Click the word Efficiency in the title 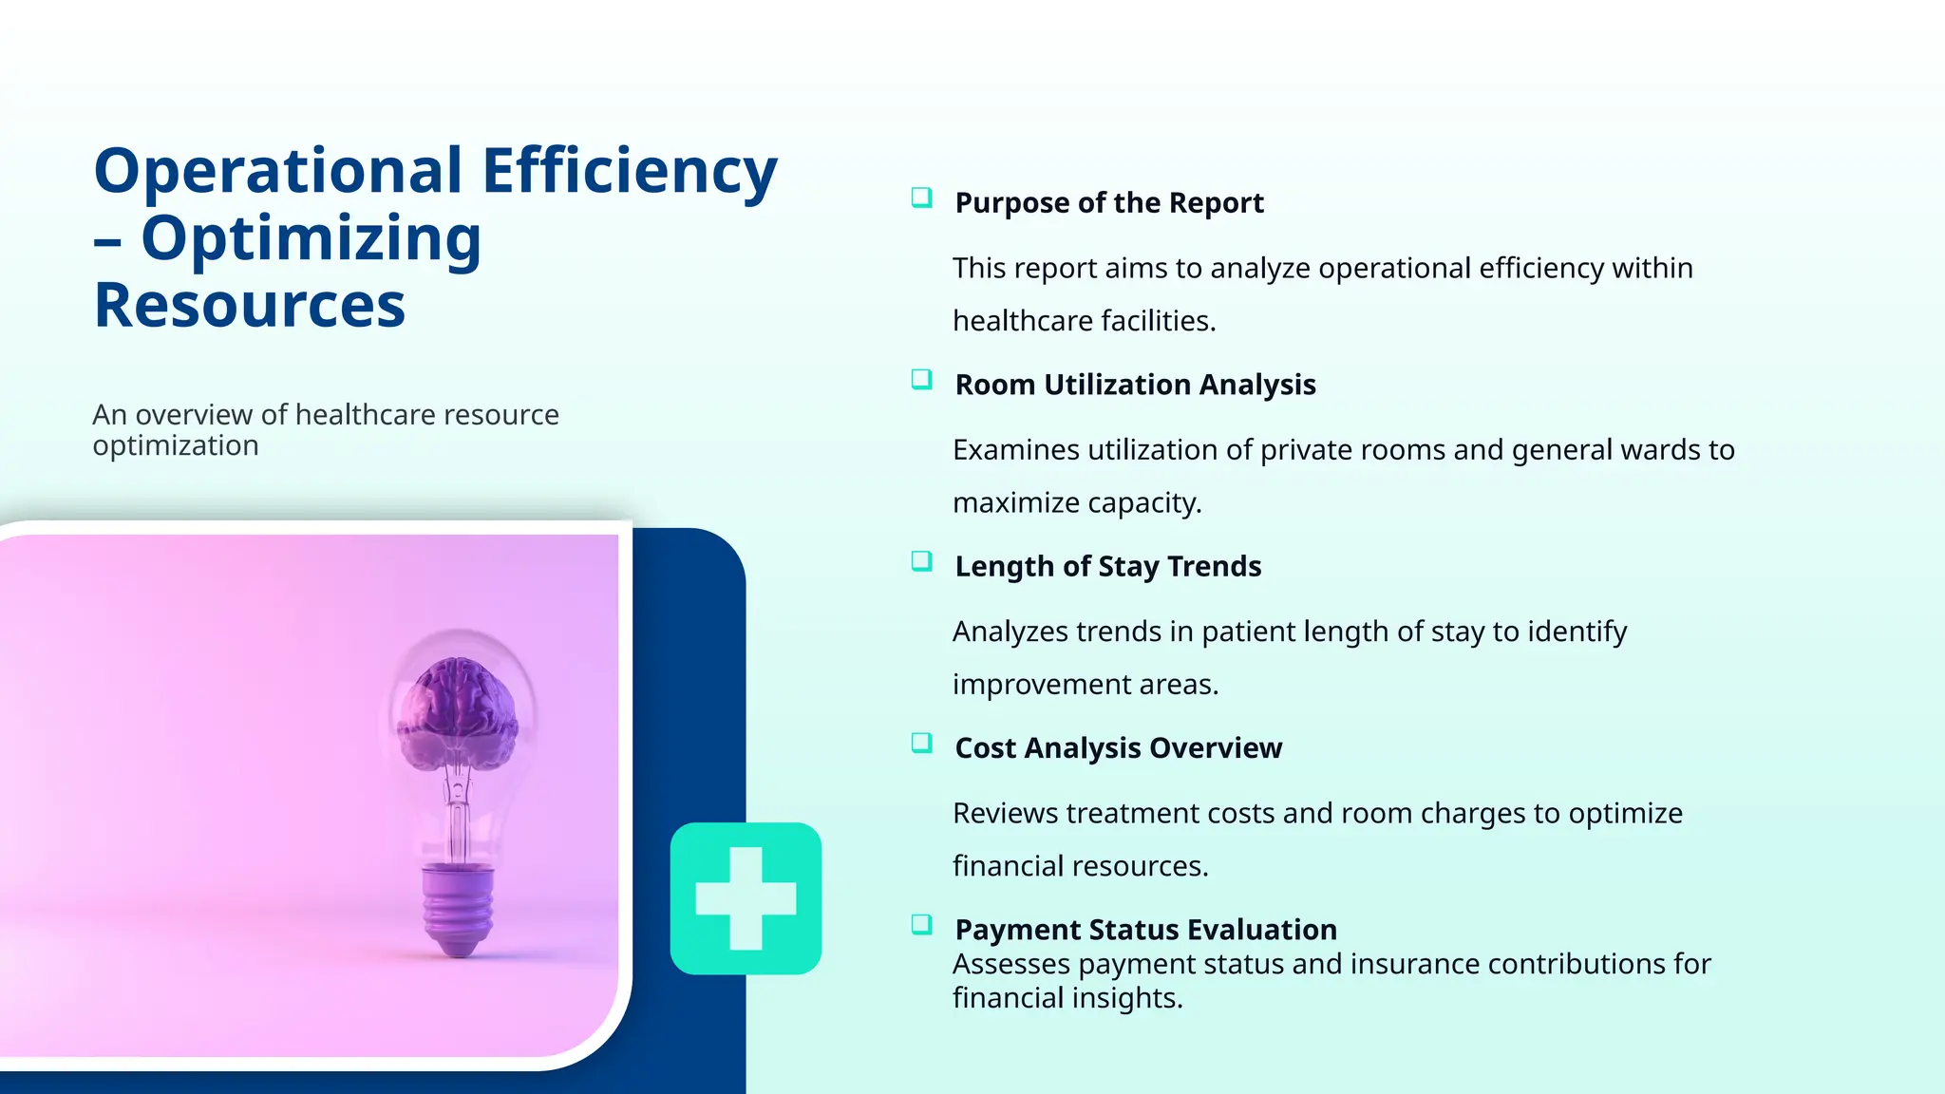(x=630, y=172)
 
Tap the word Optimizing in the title (x=312, y=238)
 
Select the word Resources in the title (x=250, y=306)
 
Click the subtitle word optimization (x=176, y=445)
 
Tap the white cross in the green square (x=746, y=898)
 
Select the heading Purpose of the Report (x=1108, y=203)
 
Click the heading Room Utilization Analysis (x=1135, y=385)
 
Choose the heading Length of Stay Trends (x=1107, y=567)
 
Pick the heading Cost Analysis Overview (x=1118, y=748)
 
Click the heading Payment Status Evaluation (x=1145, y=930)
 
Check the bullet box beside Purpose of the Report (x=921, y=198)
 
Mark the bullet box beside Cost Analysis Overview (x=921, y=743)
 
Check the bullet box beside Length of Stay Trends (x=921, y=561)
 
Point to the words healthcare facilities (x=1084, y=321)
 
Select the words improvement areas (x=1085, y=685)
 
